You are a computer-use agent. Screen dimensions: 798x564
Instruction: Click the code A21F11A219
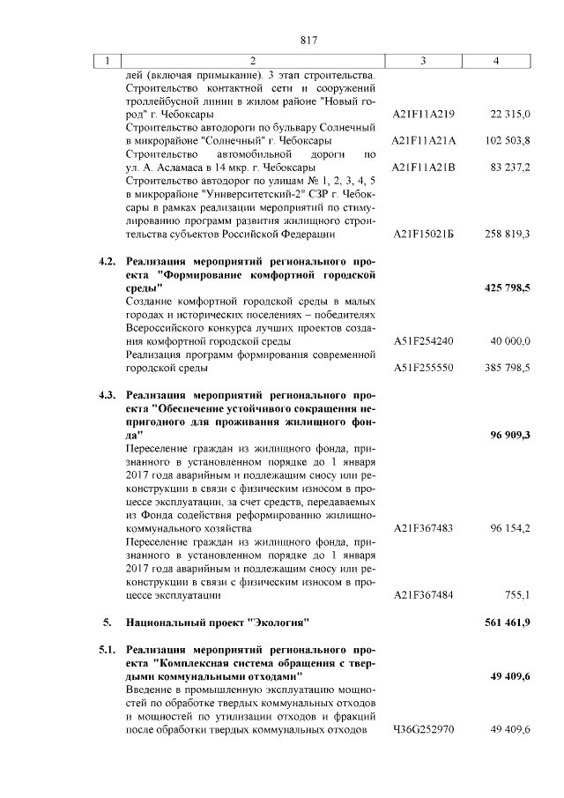pyautogui.click(x=424, y=116)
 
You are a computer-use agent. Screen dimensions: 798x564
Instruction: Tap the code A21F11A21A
pyautogui.click(x=424, y=141)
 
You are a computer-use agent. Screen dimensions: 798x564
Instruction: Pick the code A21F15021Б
pyautogui.click(x=424, y=234)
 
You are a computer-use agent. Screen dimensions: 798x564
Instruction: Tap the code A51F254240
pyautogui.click(x=424, y=340)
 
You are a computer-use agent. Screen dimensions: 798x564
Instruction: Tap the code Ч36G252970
pyautogui.click(x=424, y=730)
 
